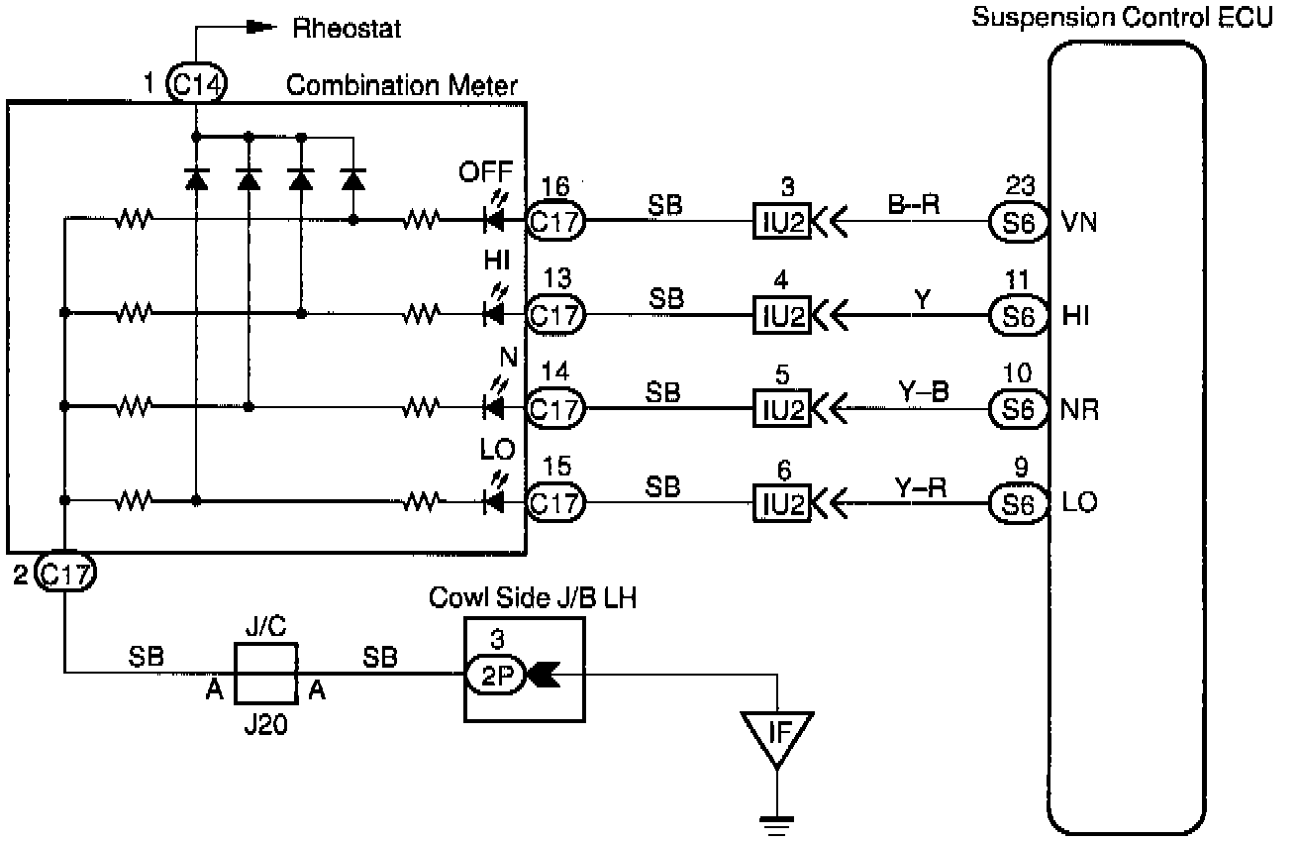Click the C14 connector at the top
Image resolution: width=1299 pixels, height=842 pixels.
coord(196,85)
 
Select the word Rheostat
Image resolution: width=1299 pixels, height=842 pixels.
coord(347,29)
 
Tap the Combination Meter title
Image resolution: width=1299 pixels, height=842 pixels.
coord(401,86)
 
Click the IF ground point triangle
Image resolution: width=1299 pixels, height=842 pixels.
coord(777,735)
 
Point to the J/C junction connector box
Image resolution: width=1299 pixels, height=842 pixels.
coord(265,674)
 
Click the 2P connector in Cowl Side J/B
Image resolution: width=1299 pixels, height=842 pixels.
coord(488,675)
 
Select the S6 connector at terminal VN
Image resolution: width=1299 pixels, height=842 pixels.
coord(1018,222)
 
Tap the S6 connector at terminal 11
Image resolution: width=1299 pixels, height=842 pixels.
coord(1018,315)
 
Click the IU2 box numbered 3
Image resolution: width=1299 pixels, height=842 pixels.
coord(781,222)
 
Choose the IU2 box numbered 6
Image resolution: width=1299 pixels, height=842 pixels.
coord(781,503)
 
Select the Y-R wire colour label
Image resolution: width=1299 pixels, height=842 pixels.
coord(921,485)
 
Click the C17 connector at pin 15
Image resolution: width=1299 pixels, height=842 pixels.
coord(554,503)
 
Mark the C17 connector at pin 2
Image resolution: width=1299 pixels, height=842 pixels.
coord(64,574)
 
